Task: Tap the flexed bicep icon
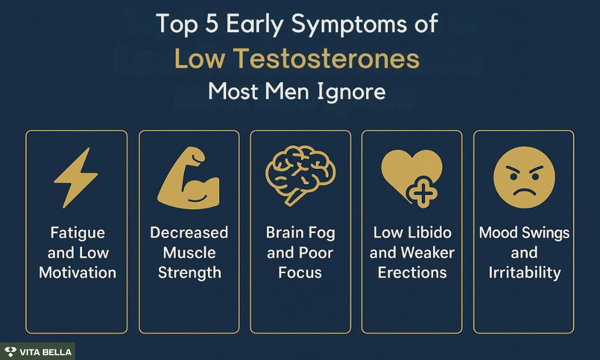pyautogui.click(x=188, y=178)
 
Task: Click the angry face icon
pyautogui.click(x=524, y=177)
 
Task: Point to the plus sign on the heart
pyautogui.click(x=422, y=192)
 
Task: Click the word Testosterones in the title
pyautogui.click(x=326, y=59)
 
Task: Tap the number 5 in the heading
pyautogui.click(x=211, y=23)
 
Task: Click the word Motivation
pyautogui.click(x=78, y=273)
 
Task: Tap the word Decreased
pyautogui.click(x=189, y=232)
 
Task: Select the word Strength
pyautogui.click(x=189, y=273)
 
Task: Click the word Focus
pyautogui.click(x=300, y=273)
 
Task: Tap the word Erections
pyautogui.click(x=412, y=273)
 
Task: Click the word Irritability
pyautogui.click(x=524, y=273)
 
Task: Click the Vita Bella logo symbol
pyautogui.click(x=11, y=352)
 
